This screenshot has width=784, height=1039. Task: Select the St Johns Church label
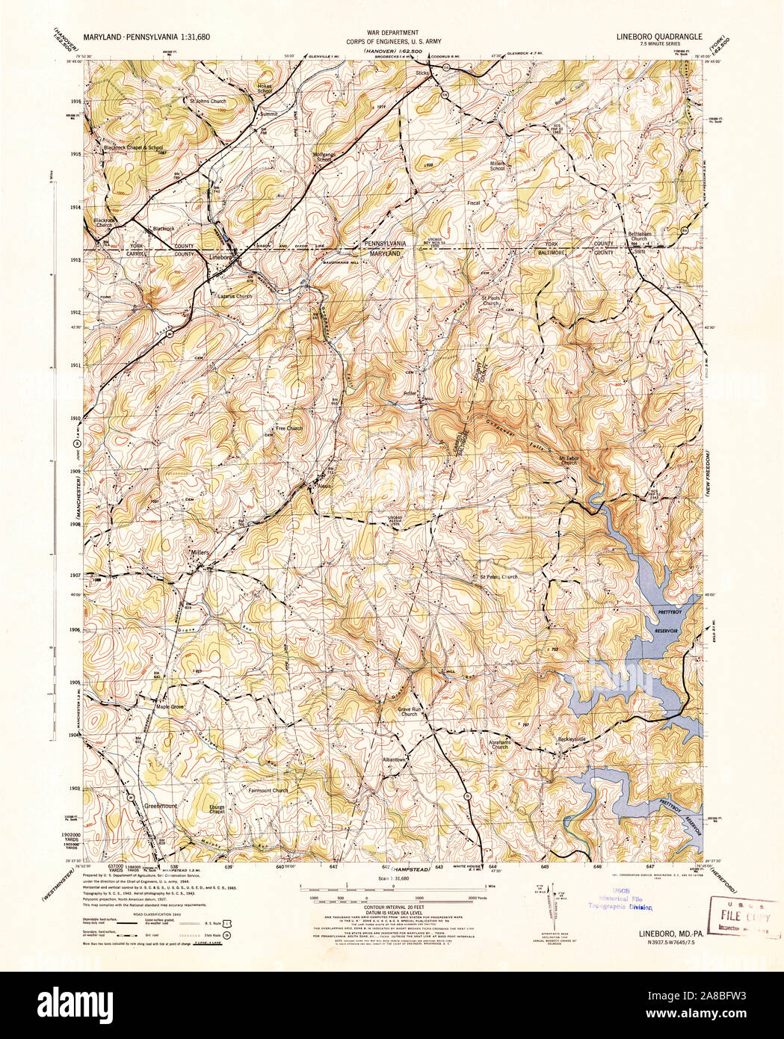(207, 101)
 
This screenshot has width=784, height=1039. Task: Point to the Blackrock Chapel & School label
(133, 148)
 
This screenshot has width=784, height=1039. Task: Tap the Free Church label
(289, 429)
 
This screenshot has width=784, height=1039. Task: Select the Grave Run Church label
(408, 711)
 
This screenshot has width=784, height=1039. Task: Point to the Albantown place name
(394, 759)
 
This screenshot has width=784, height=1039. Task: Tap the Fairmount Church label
(267, 791)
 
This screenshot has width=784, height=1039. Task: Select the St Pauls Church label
(490, 301)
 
